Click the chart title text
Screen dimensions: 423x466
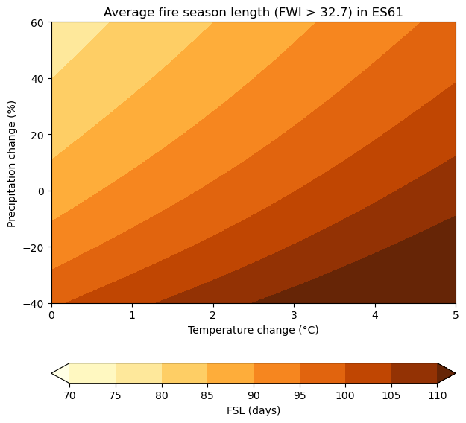pos(254,12)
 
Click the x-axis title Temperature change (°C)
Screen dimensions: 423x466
pos(254,330)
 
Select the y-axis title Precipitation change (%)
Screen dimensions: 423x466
pos(12,162)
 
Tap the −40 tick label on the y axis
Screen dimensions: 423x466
pos(35,303)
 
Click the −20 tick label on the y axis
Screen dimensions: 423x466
pos(35,247)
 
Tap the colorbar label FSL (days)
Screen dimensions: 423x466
pos(254,410)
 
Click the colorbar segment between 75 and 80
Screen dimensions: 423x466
pos(139,372)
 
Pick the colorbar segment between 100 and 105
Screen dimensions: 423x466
pos(368,372)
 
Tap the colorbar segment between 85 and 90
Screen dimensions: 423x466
pos(230,372)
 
